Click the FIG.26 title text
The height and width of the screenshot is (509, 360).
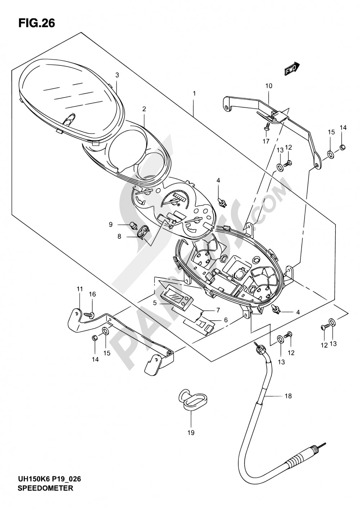(37, 23)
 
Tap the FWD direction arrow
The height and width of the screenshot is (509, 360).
(292, 68)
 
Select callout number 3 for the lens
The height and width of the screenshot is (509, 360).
(117, 75)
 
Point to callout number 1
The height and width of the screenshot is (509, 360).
(194, 94)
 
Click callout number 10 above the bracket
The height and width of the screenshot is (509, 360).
(269, 86)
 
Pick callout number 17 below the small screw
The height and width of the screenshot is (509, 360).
(266, 141)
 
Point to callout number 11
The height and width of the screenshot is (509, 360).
(80, 289)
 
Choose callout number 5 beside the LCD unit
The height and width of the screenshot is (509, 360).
(155, 303)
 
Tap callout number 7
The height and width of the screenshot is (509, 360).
(218, 310)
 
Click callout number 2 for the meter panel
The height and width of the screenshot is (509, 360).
(144, 109)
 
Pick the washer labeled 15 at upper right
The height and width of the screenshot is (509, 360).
(331, 154)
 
